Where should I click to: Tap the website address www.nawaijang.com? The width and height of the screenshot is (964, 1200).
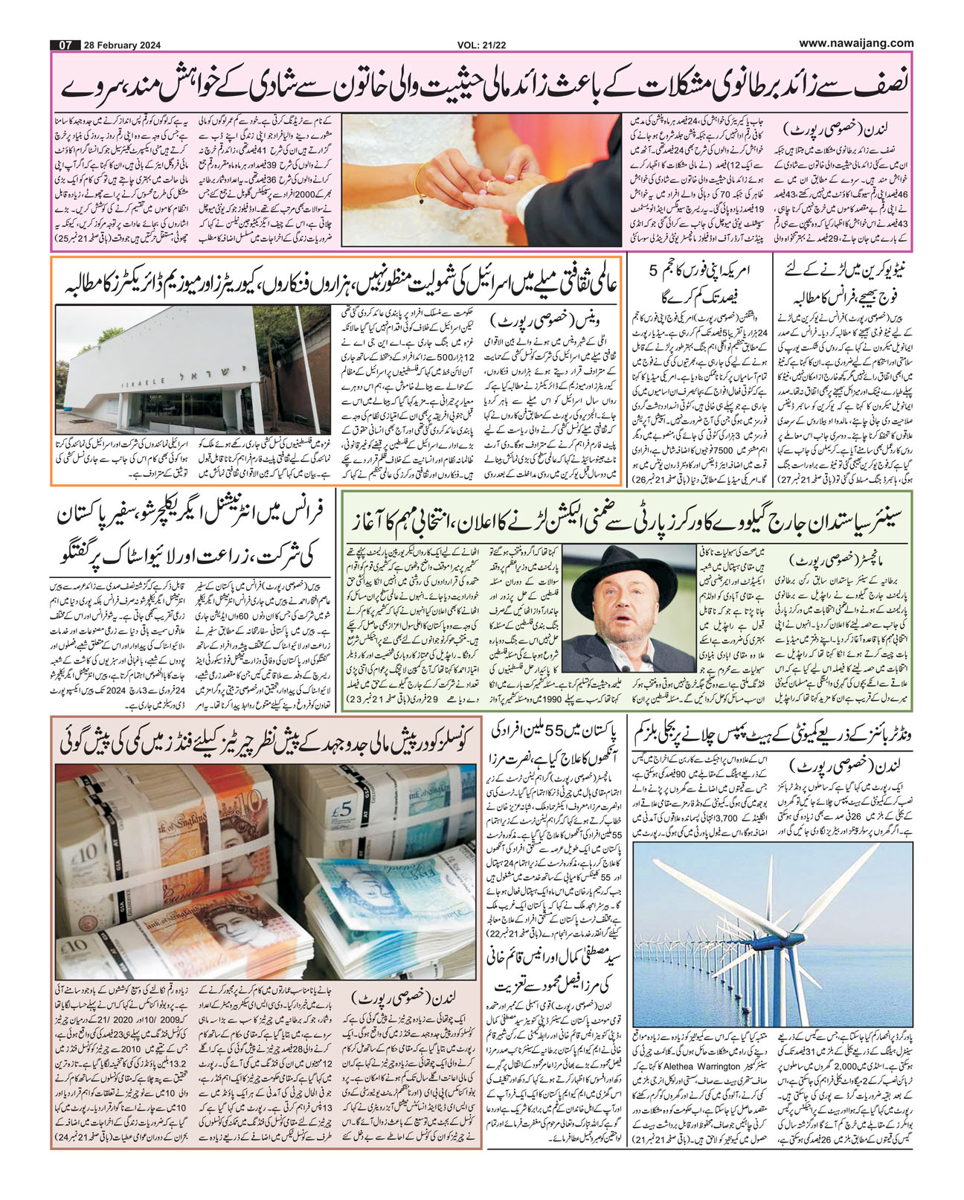coord(856,43)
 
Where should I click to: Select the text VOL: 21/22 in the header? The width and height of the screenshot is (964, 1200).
coord(483,45)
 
